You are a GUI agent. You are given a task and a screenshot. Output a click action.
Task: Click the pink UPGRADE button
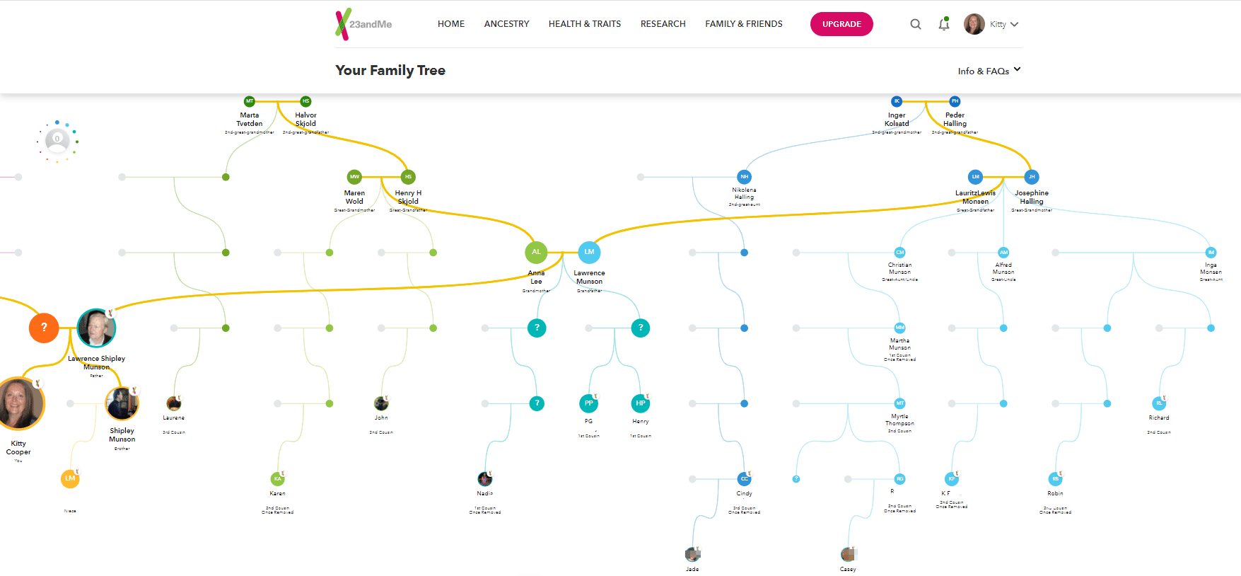click(x=841, y=24)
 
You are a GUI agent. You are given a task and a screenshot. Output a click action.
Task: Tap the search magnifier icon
click(x=916, y=24)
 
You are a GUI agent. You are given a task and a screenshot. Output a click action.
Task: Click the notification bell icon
click(x=944, y=25)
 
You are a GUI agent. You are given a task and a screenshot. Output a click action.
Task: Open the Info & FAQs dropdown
click(x=989, y=71)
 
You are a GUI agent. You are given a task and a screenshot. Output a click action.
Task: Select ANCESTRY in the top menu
click(x=506, y=24)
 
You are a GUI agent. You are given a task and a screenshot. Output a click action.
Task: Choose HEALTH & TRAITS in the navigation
click(x=584, y=24)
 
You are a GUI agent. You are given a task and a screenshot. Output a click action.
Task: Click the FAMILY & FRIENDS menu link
click(x=743, y=24)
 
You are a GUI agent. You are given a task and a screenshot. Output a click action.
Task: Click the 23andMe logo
click(x=363, y=24)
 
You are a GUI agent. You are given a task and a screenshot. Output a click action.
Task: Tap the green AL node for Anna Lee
click(x=536, y=252)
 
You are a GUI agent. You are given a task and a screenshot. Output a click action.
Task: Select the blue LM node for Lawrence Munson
click(x=589, y=252)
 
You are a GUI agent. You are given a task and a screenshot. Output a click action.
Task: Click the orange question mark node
click(x=44, y=328)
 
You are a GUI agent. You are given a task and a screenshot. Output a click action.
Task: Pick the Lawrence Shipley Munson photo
click(x=96, y=328)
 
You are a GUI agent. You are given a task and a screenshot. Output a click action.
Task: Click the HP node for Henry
click(x=640, y=403)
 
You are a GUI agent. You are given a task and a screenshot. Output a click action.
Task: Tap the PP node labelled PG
click(x=588, y=403)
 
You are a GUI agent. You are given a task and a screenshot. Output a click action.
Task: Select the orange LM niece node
click(x=70, y=479)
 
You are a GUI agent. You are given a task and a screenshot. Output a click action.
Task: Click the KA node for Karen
click(x=277, y=479)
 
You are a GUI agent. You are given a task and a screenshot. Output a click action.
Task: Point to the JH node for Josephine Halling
click(x=1031, y=177)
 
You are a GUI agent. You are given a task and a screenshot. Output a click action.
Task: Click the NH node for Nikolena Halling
click(x=744, y=177)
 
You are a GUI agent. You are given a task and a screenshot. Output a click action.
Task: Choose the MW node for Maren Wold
click(x=354, y=177)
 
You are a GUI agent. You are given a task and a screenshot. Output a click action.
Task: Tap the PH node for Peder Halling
click(x=955, y=101)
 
